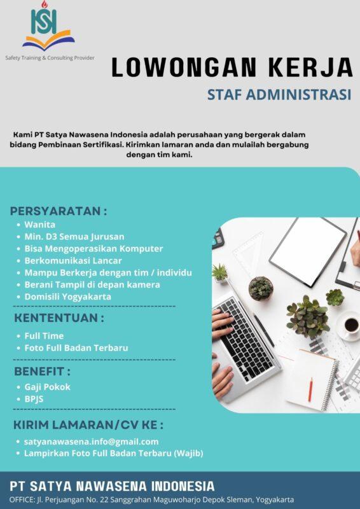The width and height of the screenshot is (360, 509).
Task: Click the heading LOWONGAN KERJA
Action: click(x=232, y=67)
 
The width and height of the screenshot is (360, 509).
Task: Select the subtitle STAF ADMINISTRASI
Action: click(x=279, y=95)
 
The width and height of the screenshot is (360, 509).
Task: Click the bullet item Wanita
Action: click(x=40, y=225)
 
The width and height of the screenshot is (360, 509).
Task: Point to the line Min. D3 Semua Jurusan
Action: click(x=74, y=237)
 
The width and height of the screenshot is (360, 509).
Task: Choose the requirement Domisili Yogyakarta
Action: click(x=68, y=296)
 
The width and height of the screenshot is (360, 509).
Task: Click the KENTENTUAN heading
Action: click(x=59, y=317)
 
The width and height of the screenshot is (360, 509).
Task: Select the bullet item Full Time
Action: click(x=44, y=335)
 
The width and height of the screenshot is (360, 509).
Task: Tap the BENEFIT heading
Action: click(x=42, y=370)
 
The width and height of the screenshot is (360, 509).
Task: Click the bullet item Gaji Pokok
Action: click(x=48, y=387)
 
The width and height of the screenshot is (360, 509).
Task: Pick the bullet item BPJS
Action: click(x=36, y=399)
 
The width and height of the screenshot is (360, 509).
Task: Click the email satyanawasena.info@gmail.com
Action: click(x=92, y=441)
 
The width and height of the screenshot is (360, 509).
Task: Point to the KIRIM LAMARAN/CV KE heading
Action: click(x=88, y=424)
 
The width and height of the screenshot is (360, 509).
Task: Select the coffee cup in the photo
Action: click(x=350, y=325)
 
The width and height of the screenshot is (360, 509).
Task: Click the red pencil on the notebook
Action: click(x=310, y=388)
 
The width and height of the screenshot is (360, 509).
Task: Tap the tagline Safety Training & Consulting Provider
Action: click(x=50, y=58)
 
